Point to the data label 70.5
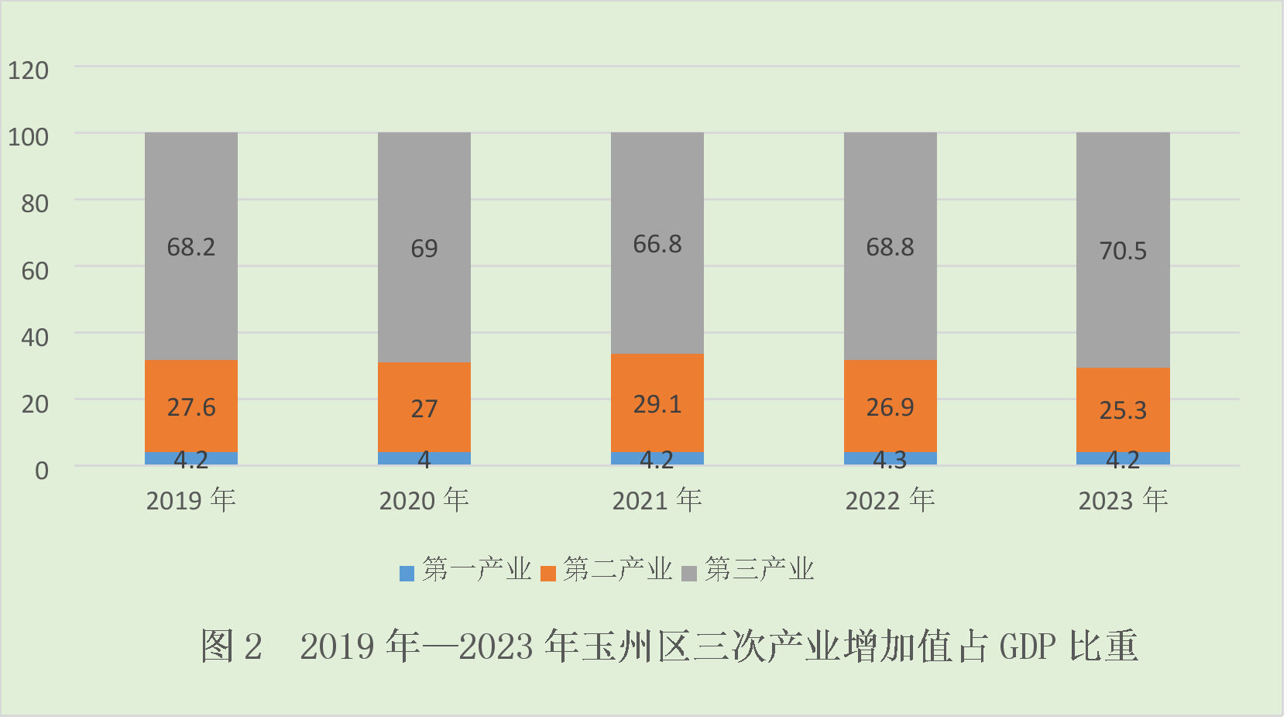tap(1123, 251)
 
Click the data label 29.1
tap(657, 404)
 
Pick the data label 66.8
tap(657, 245)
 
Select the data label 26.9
tap(890, 407)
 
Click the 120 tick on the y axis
tap(28, 70)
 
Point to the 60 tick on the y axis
tap(35, 271)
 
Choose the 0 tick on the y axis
tap(42, 471)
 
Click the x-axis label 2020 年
tap(424, 501)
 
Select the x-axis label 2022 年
tap(890, 501)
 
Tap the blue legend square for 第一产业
tap(407, 574)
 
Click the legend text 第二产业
tap(617, 570)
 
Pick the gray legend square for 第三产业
tap(689, 574)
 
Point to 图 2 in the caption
tap(232, 646)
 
